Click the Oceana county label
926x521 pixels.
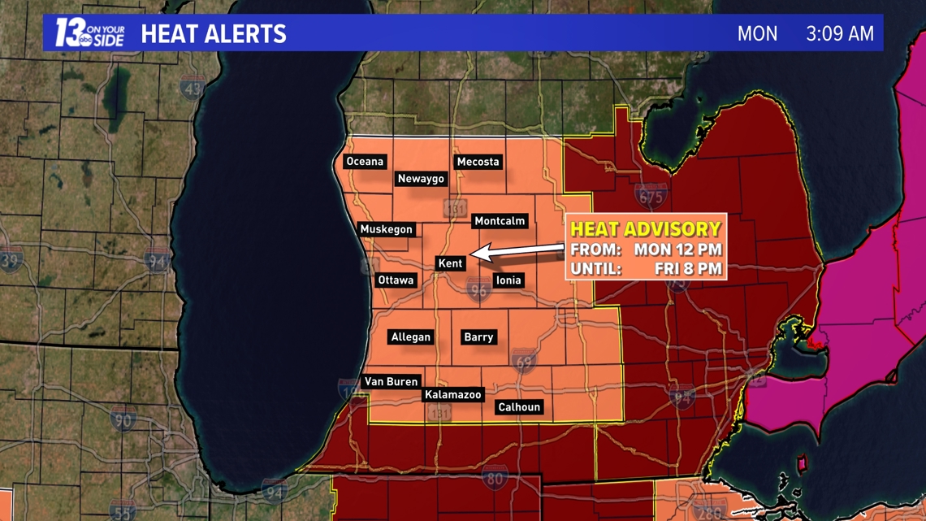365,162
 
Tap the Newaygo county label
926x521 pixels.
421,179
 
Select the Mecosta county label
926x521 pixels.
478,162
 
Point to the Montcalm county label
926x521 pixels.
500,221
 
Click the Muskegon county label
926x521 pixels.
387,229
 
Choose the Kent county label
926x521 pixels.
450,263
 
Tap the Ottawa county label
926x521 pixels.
396,280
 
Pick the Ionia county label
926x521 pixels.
508,280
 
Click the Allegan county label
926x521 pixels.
411,337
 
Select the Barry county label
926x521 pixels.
478,337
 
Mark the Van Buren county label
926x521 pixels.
391,382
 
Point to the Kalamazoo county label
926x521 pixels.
453,395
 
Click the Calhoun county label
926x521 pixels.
519,407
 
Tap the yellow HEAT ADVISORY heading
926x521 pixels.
646,229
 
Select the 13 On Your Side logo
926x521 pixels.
89,33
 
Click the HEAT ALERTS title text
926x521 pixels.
214,34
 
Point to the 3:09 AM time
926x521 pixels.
840,34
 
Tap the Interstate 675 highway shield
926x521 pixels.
651,197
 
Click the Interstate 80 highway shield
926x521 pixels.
495,478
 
